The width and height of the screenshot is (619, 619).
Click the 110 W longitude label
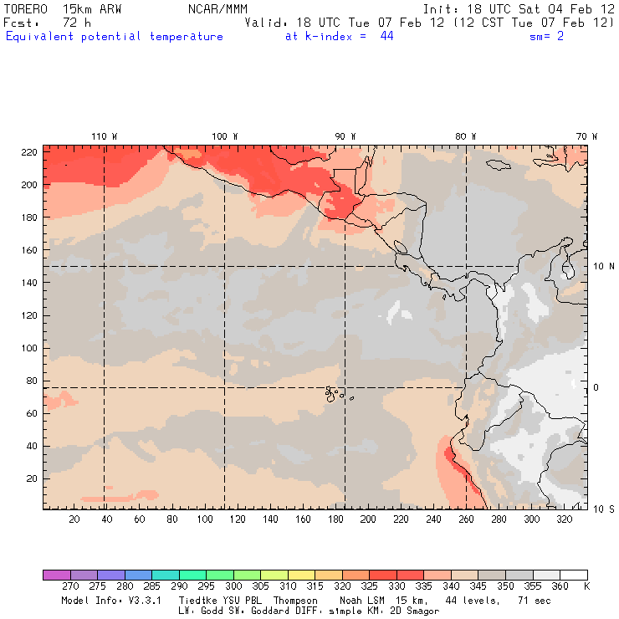(x=104, y=136)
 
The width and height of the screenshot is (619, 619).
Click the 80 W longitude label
(x=466, y=136)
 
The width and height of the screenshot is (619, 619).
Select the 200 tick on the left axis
(x=28, y=184)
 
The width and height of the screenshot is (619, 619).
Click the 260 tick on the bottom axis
(x=220, y=519)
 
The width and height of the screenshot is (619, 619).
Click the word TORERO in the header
(x=24, y=8)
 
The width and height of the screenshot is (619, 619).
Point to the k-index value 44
(x=386, y=37)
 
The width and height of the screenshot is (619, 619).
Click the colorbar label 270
(x=69, y=587)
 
